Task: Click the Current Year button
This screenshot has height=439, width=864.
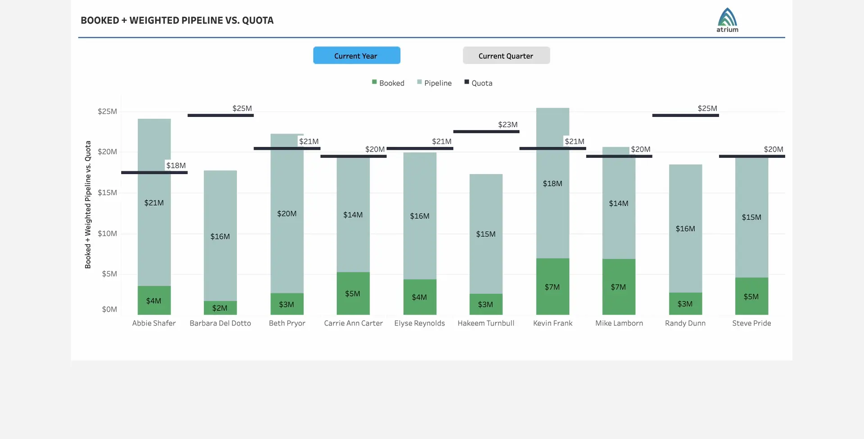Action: point(356,55)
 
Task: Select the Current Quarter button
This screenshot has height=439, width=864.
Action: point(506,55)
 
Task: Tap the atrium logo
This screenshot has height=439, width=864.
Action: point(727,20)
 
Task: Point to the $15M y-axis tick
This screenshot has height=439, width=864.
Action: point(107,193)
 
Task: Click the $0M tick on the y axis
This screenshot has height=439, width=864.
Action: point(109,309)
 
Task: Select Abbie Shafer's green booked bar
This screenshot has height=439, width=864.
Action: point(154,300)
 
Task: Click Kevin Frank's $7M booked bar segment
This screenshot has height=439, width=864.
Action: point(552,287)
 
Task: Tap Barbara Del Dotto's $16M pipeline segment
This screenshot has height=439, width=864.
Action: point(220,236)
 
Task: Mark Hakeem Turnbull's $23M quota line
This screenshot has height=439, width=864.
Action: point(486,131)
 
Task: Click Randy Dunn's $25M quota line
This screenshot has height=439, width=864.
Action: point(685,115)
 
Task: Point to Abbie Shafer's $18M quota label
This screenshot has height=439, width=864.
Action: point(176,166)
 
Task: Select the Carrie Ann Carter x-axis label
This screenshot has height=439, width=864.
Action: point(353,323)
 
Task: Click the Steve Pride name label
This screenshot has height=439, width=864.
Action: point(751,323)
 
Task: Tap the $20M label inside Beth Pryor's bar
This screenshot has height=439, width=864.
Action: point(287,214)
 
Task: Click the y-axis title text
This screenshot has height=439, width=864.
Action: point(88,205)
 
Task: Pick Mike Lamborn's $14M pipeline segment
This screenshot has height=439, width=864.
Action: point(619,203)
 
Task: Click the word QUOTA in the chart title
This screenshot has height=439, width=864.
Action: point(258,20)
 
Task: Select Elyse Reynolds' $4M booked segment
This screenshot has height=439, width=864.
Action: point(420,297)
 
